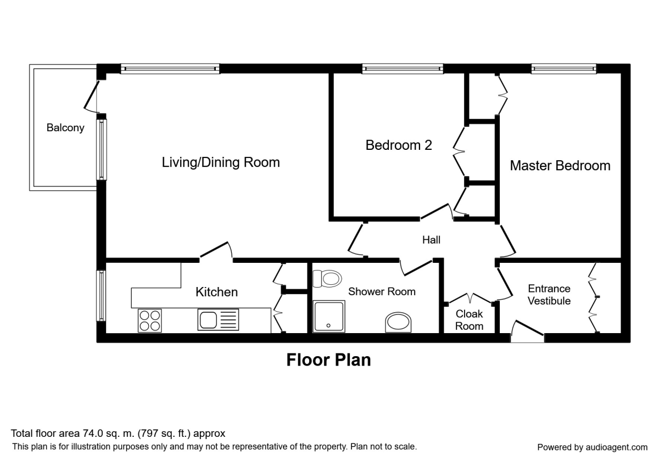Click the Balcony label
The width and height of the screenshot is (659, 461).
pos(65,128)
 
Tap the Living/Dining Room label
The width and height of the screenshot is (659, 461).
pos(221,162)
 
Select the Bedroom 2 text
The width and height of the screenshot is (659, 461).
pos(399,145)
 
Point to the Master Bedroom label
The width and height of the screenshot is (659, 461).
pos(560,166)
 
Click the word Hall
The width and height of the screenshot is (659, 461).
pos(431,240)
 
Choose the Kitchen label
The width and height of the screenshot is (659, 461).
pos(216,292)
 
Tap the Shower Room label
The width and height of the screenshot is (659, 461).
pos(382,291)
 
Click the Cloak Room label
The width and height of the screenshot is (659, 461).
pos(469,320)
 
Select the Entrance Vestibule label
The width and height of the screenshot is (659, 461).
pos(549,295)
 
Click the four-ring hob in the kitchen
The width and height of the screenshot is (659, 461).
pos(150,321)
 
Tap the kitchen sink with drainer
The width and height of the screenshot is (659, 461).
pos(218,319)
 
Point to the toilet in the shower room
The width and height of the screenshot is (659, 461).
pos(327,278)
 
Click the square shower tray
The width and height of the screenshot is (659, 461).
pos(328,316)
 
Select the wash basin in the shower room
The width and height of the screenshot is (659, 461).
pos(398,323)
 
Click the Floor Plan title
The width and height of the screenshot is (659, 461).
pos(328,360)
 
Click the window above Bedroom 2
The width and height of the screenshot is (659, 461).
pos(403,69)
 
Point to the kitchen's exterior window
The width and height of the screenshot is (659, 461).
pos(101,296)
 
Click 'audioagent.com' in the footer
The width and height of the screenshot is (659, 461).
pos(616,447)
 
